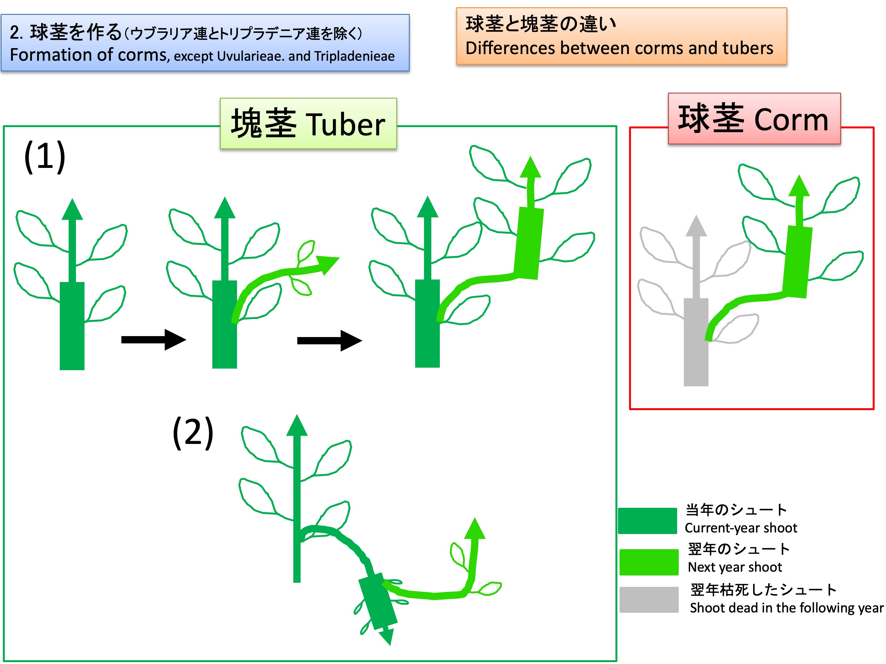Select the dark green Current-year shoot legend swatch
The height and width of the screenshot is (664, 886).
click(647, 520)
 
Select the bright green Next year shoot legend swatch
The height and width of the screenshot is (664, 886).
click(649, 562)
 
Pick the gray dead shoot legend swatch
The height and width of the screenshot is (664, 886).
click(649, 599)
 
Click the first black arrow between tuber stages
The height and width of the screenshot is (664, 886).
click(153, 340)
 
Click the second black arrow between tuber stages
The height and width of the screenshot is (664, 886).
click(329, 341)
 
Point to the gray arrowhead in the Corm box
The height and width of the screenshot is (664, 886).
click(696, 225)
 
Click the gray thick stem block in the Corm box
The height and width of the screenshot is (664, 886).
click(696, 342)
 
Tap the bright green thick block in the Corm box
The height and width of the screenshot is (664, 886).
click(797, 262)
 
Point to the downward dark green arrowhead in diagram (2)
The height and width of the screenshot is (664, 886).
click(387, 636)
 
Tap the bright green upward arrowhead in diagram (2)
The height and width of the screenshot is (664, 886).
click(475, 528)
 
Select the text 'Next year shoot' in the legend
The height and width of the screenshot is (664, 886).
click(735, 567)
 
